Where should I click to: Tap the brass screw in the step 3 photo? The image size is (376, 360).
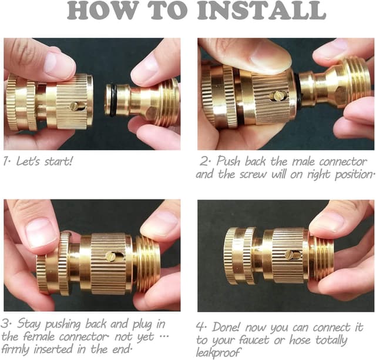click(x=110, y=256)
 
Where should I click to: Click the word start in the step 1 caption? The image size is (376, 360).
click(x=58, y=161)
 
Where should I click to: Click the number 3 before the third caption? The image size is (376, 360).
click(x=6, y=323)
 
